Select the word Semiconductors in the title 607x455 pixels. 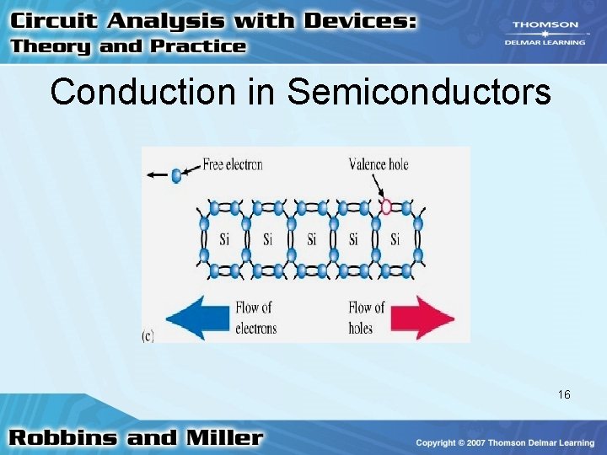coord(419,92)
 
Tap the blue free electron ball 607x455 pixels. coord(176,176)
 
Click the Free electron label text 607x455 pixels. coord(233,165)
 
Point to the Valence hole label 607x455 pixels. coord(379,164)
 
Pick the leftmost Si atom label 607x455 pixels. coord(224,239)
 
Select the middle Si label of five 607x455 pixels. coord(311,239)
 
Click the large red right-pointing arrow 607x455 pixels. coord(422,318)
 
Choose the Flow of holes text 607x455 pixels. coord(366,318)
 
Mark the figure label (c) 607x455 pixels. coord(148,335)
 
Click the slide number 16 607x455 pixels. coord(564,394)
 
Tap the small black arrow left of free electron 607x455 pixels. coord(156,176)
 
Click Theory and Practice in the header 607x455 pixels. coord(128,46)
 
